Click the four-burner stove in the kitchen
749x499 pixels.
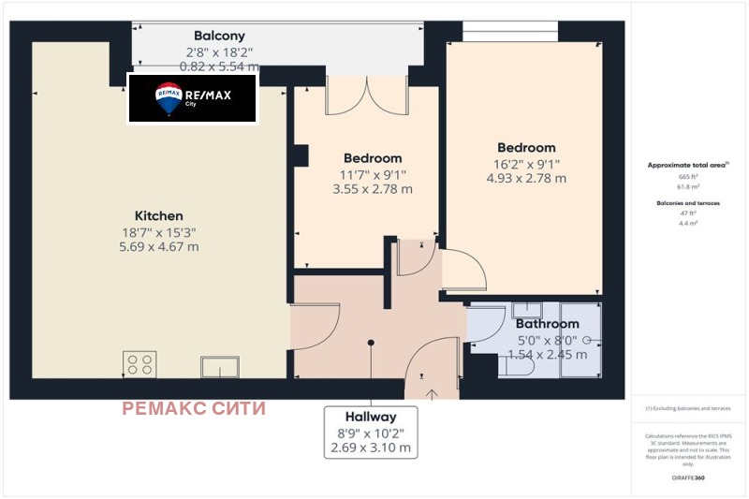click(140, 363)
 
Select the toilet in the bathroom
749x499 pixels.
click(516, 367)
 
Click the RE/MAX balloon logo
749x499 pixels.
click(169, 97)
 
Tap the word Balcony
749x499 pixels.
click(219, 37)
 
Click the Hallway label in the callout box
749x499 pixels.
click(371, 417)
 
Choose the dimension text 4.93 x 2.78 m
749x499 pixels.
click(526, 178)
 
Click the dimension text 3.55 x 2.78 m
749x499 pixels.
click(373, 189)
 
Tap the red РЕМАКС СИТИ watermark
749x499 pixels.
click(194, 408)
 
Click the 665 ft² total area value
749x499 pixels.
click(688, 176)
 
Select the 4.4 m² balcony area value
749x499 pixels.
click(688, 224)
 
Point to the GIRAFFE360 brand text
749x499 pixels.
click(688, 478)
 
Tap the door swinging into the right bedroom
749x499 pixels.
click(463, 272)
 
